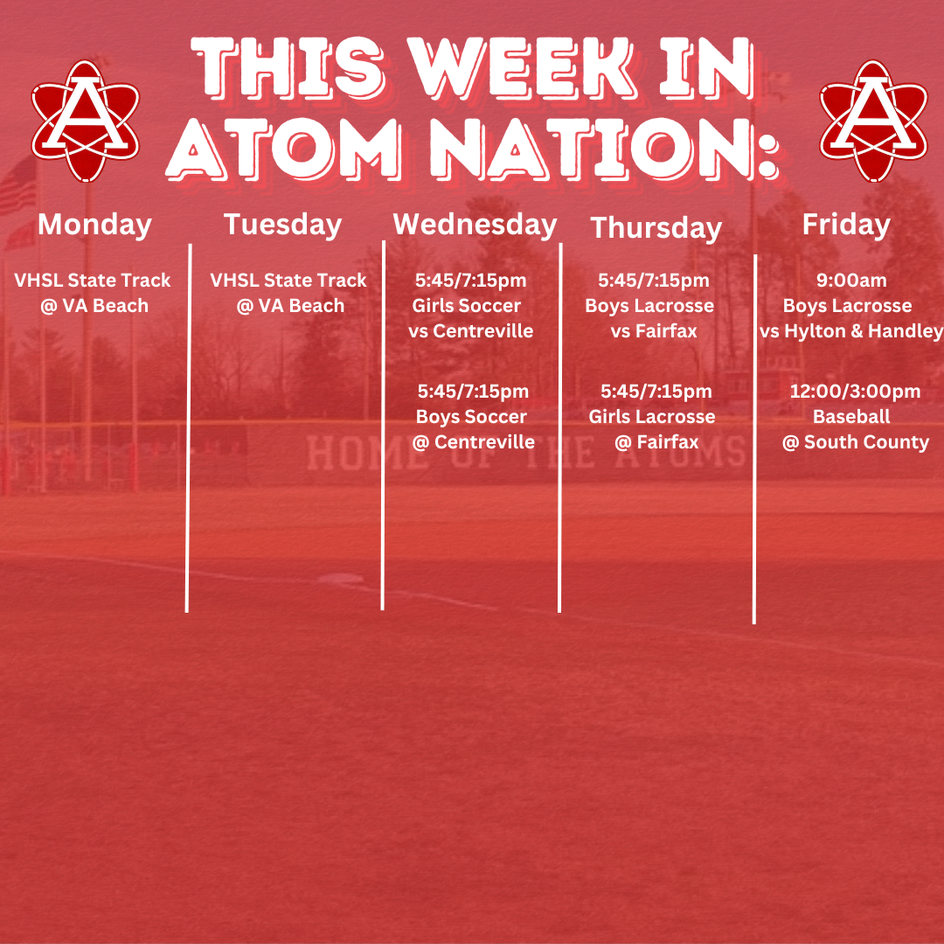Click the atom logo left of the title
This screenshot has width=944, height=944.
86,121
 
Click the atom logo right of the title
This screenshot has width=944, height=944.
873,121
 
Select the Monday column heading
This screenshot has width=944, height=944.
94,226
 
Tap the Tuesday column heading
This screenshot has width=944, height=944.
283,226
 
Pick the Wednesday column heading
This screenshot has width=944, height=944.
475,226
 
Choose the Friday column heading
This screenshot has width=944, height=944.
846,226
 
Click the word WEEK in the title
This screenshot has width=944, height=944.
522,67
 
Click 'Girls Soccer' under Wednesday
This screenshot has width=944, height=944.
467,306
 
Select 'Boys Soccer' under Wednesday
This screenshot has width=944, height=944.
471,417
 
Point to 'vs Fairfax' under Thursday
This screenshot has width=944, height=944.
654,331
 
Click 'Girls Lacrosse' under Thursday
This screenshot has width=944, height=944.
652,417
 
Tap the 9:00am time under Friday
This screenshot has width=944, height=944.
852,281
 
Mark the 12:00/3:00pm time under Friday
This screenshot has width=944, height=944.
855,392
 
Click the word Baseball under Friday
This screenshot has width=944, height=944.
851,417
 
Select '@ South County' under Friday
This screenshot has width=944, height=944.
856,442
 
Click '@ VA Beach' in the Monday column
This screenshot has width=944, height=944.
94,306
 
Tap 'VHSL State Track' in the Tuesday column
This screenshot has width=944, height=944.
288,281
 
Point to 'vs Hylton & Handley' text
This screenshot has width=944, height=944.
851,331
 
